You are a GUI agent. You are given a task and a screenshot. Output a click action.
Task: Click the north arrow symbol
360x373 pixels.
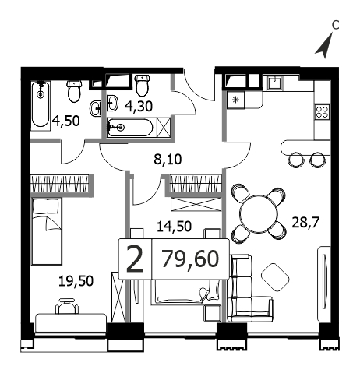326,47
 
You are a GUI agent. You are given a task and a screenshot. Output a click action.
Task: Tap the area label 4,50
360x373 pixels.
66,121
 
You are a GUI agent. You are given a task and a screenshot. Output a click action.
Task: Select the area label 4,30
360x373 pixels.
139,106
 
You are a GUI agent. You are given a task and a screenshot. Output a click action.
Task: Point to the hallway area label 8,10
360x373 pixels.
168,159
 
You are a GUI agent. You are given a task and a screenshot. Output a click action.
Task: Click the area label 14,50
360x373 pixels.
175,226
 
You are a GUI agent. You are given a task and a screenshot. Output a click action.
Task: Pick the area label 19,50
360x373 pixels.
76,281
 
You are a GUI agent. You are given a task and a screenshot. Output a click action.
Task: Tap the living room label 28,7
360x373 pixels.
305,222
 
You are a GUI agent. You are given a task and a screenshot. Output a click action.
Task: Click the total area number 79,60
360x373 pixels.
190,259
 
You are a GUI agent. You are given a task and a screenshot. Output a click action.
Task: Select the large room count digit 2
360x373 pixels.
135,259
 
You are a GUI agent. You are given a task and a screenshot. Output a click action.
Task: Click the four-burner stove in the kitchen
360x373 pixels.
322,112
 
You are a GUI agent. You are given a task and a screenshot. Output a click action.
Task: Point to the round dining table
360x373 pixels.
259,213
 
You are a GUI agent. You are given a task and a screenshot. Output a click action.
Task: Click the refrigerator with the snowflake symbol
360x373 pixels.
235,100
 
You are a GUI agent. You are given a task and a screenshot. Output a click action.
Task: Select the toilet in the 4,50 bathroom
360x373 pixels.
74,91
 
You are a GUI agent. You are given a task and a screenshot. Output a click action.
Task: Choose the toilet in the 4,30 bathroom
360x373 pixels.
142,85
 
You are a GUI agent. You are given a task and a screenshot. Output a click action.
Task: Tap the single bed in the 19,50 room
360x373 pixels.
47,231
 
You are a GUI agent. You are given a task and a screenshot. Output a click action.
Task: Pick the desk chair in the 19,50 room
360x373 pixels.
67,306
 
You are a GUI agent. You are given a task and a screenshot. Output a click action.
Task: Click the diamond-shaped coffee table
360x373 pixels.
275,277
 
